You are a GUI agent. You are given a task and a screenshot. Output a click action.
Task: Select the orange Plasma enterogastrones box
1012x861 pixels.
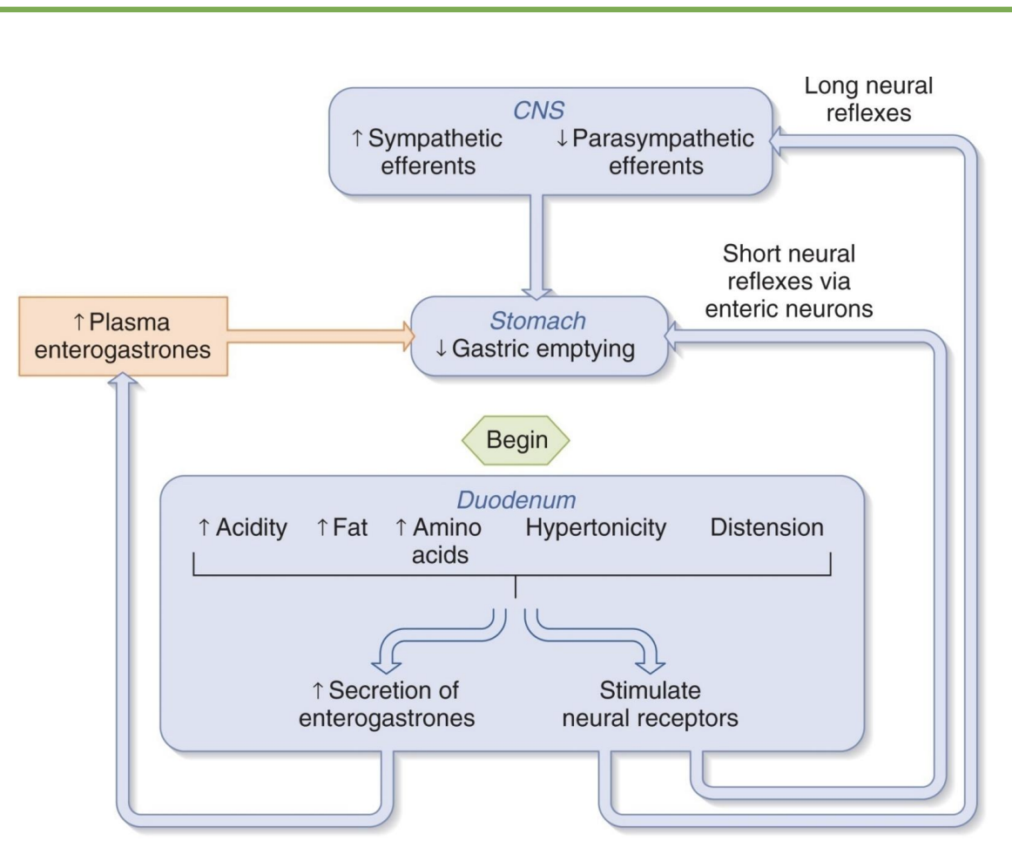(x=122, y=336)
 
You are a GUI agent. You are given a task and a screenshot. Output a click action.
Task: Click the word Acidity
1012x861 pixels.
(x=243, y=529)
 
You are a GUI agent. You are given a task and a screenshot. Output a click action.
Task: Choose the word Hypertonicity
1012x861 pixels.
(x=596, y=529)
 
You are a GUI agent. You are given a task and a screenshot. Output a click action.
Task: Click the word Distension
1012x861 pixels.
(x=766, y=529)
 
